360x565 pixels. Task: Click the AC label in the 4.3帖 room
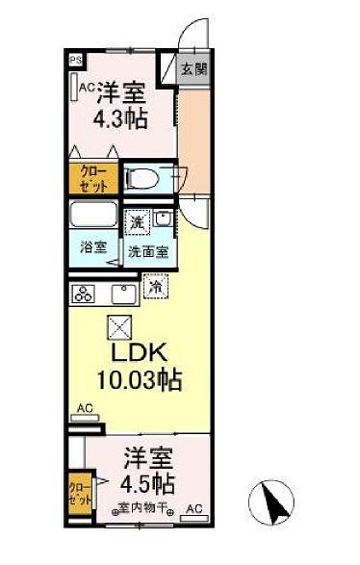tap(87, 88)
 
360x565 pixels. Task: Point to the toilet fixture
tap(141, 177)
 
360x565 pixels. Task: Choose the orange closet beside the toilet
tap(93, 178)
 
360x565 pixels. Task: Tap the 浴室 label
tap(91, 245)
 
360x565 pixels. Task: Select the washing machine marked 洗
tap(139, 221)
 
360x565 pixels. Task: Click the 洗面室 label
tap(149, 253)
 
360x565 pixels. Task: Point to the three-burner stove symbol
tap(84, 294)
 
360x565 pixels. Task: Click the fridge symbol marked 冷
tap(154, 285)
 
